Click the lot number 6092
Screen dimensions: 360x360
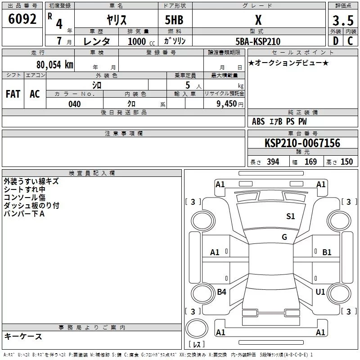(22, 19)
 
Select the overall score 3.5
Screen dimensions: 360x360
(343, 21)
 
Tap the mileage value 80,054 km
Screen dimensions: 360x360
(54, 65)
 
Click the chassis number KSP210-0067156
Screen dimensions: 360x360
(302, 143)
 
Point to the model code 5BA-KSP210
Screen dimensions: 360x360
(258, 41)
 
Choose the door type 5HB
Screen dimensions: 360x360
(174, 20)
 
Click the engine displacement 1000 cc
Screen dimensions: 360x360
(141, 41)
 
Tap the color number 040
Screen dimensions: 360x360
(75, 104)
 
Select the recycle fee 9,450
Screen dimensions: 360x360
(226, 104)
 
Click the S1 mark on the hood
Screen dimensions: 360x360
(290, 216)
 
